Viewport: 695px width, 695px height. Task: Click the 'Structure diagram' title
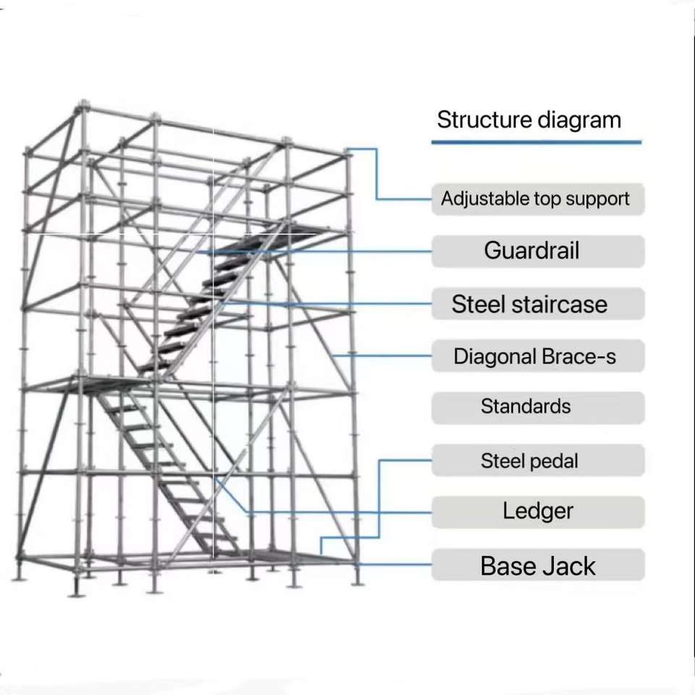pyautogui.click(x=529, y=119)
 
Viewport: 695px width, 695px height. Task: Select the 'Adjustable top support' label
pyautogui.click(x=536, y=198)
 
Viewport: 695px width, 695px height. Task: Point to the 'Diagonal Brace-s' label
pyautogui.click(x=535, y=356)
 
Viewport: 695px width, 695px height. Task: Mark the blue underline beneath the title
pyautogui.click(x=536, y=143)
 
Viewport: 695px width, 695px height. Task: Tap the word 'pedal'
pyautogui.click(x=554, y=461)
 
